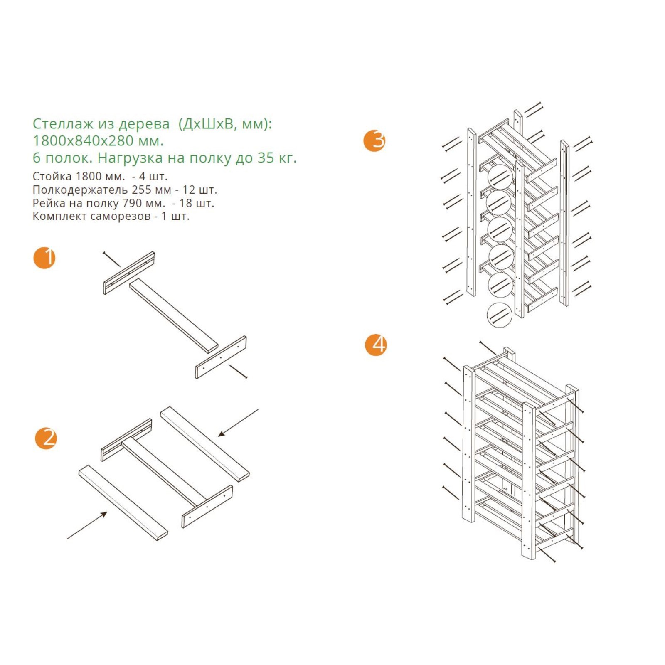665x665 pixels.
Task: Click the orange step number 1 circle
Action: point(44,258)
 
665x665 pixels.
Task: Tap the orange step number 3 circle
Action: point(374,140)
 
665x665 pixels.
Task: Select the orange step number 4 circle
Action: point(376,345)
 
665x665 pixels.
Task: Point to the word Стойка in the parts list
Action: point(52,176)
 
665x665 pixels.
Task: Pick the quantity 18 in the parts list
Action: point(185,203)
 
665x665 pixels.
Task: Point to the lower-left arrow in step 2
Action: point(87,525)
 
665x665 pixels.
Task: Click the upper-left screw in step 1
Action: point(111,259)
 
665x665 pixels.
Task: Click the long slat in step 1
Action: point(174,316)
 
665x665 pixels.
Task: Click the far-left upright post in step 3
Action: point(471,212)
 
